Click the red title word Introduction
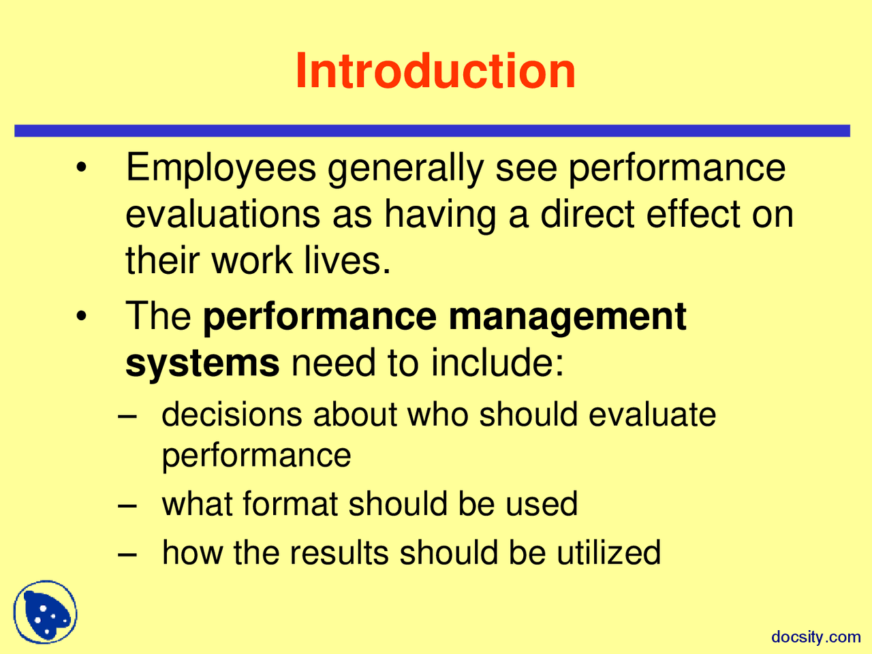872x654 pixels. tap(435, 71)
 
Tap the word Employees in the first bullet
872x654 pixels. tap(221, 168)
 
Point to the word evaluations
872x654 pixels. tap(223, 214)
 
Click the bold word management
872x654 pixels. tap(567, 317)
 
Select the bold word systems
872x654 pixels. tap(202, 364)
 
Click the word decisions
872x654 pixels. tap(232, 414)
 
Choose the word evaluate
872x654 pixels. tap(652, 414)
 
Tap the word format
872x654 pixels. tap(290, 504)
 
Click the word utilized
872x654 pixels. tap(608, 552)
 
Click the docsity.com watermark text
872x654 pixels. tap(815, 637)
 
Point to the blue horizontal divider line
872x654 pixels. tap(432, 131)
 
